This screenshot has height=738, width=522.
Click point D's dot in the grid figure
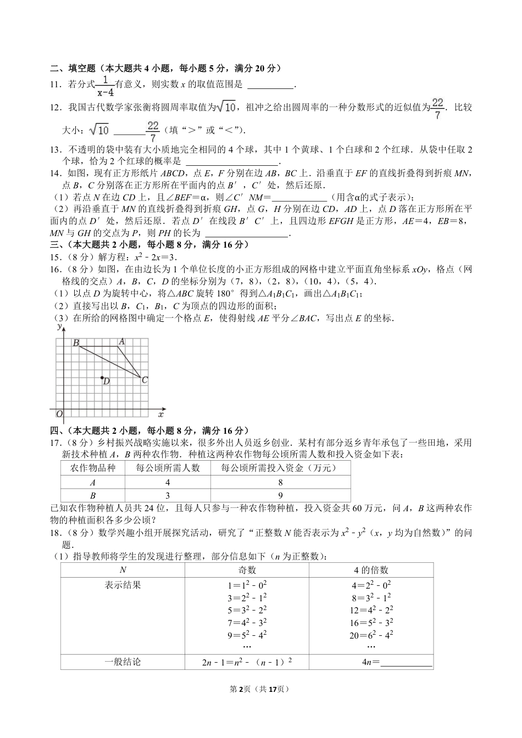click(x=102, y=378)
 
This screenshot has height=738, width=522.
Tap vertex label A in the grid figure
click(x=122, y=342)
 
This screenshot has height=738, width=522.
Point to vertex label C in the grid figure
click(x=145, y=379)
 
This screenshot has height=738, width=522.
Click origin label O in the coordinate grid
click(x=59, y=414)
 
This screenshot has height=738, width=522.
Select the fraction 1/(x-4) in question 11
click(x=104, y=85)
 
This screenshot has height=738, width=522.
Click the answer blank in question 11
click(x=271, y=85)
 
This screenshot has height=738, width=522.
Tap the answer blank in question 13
click(x=232, y=162)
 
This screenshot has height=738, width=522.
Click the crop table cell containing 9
click(x=280, y=495)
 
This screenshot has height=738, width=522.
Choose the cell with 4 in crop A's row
click(x=168, y=482)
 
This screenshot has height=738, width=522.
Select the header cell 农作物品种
click(x=93, y=468)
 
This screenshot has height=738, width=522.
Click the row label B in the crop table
click(x=93, y=495)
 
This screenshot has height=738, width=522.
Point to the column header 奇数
click(x=247, y=570)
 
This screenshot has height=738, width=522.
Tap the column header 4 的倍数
click(x=371, y=570)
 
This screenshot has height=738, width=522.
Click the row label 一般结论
click(x=123, y=662)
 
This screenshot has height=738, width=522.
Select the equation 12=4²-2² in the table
click(x=371, y=610)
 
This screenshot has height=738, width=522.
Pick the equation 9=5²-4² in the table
click(x=247, y=635)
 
